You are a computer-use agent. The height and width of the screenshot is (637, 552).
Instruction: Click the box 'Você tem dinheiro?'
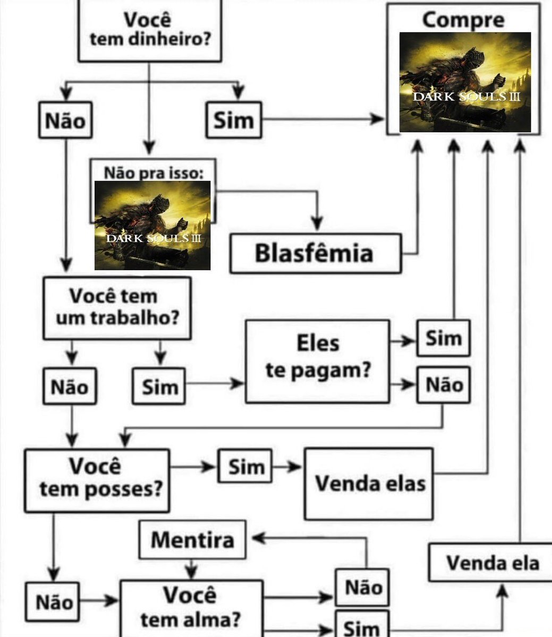149,30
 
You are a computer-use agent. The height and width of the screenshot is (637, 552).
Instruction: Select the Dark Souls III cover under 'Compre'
465,82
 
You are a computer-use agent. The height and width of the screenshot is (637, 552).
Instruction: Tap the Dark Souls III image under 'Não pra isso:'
152,226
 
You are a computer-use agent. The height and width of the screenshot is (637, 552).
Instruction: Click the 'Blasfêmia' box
315,253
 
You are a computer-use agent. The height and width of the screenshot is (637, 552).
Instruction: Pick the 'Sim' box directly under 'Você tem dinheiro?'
234,120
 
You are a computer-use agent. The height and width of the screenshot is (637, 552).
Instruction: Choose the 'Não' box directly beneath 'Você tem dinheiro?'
65,120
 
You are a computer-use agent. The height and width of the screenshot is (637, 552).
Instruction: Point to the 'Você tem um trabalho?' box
117,308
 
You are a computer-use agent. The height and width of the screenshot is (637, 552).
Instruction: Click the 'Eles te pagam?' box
317,361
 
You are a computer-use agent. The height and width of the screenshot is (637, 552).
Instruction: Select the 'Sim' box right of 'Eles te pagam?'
443,338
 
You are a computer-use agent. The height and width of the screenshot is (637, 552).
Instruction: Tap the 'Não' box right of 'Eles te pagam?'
443,384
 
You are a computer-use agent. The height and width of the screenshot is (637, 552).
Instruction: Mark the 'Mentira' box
192,540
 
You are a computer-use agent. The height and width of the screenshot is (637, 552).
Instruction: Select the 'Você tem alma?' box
191,608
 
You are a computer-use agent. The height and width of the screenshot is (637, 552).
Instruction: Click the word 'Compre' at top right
463,20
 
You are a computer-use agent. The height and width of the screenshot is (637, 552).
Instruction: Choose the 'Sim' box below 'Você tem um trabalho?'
159,386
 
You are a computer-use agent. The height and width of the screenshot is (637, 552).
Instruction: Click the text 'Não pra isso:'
153,173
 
